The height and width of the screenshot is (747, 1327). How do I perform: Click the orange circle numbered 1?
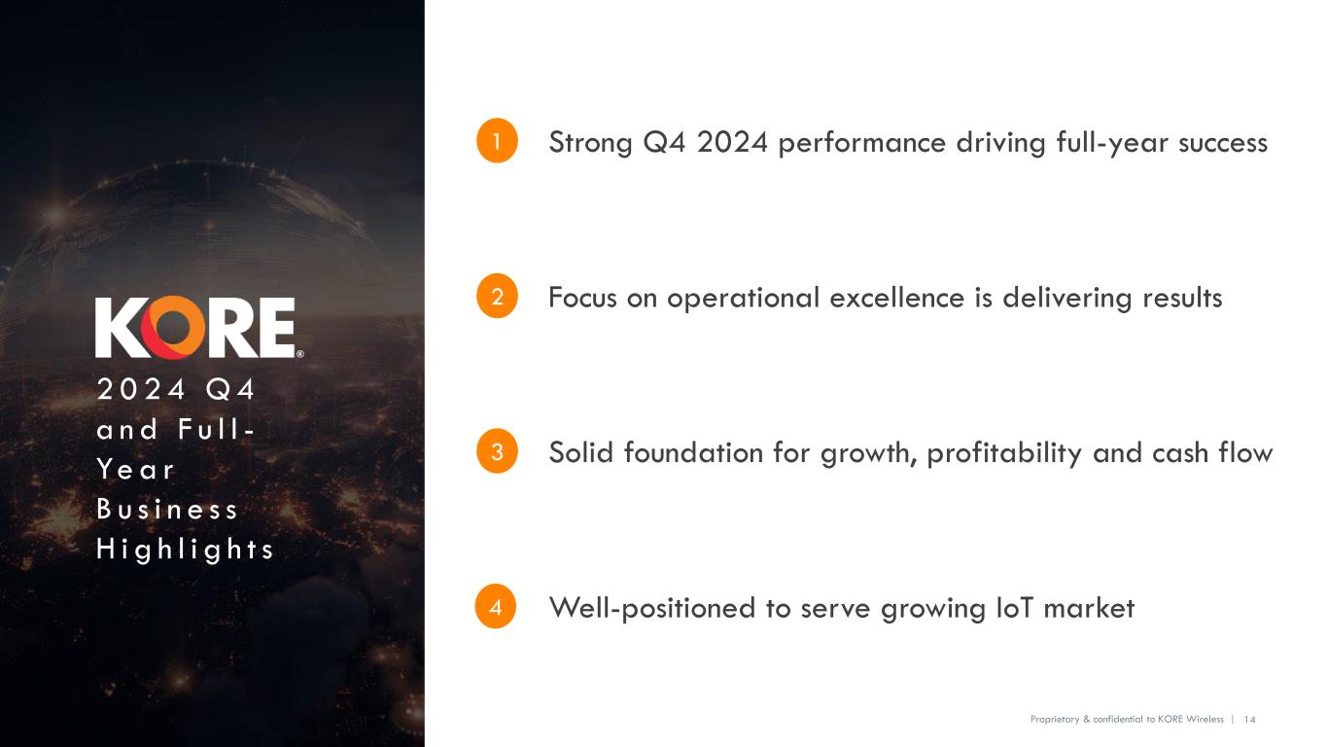point(496,142)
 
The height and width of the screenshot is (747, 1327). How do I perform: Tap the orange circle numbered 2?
point(496,297)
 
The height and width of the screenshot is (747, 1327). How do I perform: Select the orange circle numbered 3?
point(496,452)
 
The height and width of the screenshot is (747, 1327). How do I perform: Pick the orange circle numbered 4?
point(496,608)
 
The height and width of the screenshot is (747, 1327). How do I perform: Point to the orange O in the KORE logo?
point(173,328)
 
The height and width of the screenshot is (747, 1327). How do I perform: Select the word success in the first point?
point(1222,143)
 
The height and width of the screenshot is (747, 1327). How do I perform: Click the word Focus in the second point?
point(582,298)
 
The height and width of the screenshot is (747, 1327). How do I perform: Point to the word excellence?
point(897,298)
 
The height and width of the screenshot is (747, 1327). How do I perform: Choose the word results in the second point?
point(1174,298)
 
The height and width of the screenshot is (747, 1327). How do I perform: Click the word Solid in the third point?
point(581,453)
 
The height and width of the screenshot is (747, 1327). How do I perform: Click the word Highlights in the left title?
point(185,551)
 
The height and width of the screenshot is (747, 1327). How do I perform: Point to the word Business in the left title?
point(167,511)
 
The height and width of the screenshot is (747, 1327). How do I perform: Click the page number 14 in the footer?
point(1250,719)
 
